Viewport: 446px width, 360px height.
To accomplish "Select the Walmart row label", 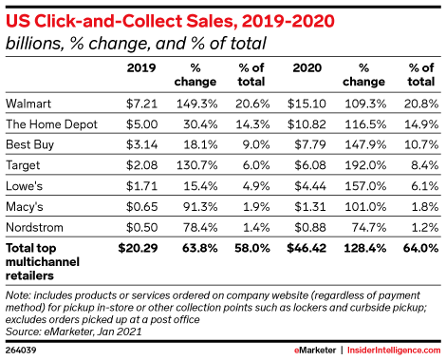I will click(28, 101).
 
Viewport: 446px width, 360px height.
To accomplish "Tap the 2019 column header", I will click(140, 67).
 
